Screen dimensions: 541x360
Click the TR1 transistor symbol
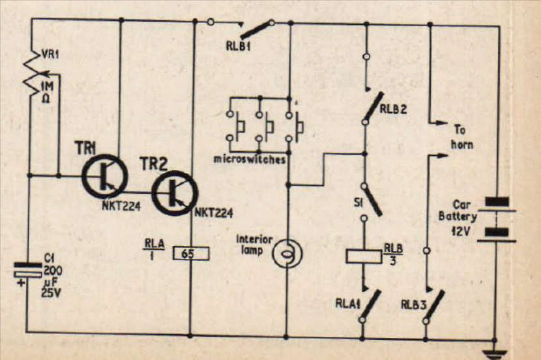pos(105,177)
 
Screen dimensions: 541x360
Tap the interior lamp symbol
pos(287,254)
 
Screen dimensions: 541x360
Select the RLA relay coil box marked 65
pos(191,253)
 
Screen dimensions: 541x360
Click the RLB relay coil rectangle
pos(364,256)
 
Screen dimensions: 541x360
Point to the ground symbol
pos(495,353)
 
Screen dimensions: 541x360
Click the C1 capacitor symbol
pos(27,269)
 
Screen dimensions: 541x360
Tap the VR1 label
pos(50,54)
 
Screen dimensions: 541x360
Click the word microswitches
pos(250,160)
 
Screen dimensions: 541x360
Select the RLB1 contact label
pos(239,46)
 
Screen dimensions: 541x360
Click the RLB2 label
pos(393,109)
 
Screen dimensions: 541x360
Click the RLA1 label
pos(348,304)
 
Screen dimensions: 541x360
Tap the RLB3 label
pos(414,305)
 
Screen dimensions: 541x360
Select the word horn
pos(462,144)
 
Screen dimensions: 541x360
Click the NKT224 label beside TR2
pos(214,213)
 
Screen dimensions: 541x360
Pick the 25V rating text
pos(51,293)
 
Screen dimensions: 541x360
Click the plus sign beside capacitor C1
pos(22,283)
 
